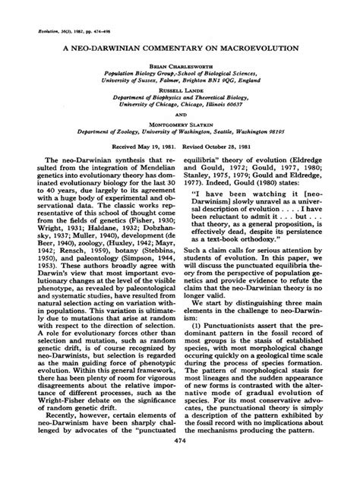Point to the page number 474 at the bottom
tap(180, 463)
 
